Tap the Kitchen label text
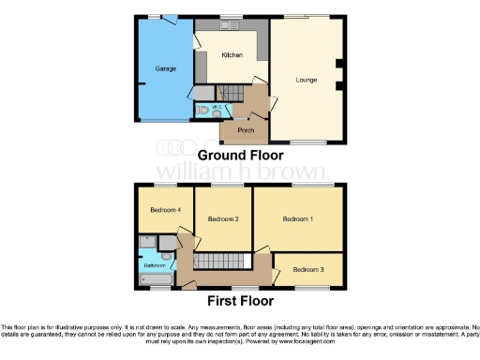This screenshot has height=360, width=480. pyautogui.click(x=232, y=55)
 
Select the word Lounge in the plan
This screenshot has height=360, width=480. pyautogui.click(x=306, y=81)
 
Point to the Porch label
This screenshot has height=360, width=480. pyautogui.click(x=246, y=129)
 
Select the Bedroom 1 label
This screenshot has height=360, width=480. pyautogui.click(x=299, y=218)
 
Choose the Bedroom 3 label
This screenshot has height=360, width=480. pyautogui.click(x=308, y=269)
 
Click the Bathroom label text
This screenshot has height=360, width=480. pyautogui.click(x=154, y=265)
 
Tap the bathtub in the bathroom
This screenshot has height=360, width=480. pyautogui.click(x=155, y=279)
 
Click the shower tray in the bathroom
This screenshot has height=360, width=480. pyautogui.click(x=148, y=243)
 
